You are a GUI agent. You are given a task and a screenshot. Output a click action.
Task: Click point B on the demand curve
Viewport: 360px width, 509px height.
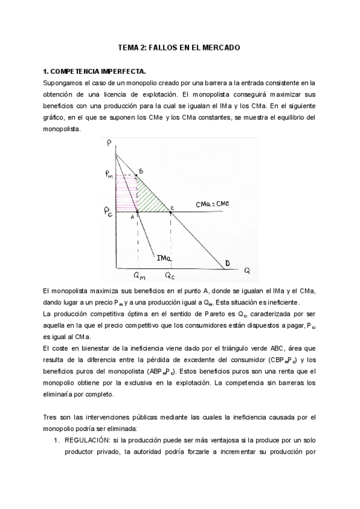click(x=141, y=172)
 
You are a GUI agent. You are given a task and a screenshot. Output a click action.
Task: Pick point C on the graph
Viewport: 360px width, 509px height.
click(x=172, y=207)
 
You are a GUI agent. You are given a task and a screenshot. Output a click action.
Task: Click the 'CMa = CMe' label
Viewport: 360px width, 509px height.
click(x=212, y=204)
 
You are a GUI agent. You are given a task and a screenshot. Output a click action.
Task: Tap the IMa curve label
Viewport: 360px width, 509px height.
click(x=165, y=258)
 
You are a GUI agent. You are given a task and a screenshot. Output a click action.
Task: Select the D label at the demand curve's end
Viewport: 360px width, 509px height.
click(x=227, y=263)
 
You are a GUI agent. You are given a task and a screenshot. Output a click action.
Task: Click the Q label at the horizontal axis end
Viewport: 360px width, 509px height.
click(x=247, y=270)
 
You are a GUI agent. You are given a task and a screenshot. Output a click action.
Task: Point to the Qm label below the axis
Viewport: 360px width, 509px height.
click(x=139, y=277)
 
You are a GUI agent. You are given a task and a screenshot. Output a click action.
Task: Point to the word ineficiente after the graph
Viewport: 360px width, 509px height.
click(x=289, y=302)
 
